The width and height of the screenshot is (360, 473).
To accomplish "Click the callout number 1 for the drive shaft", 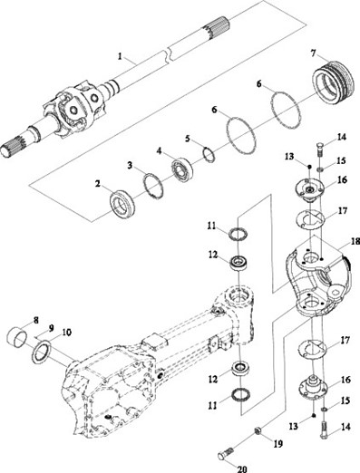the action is pyautogui.click(x=121, y=56).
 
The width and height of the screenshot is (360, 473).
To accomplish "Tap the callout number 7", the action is pyautogui.click(x=313, y=53).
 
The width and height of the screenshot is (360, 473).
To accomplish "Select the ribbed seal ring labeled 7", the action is pyautogui.click(x=333, y=82).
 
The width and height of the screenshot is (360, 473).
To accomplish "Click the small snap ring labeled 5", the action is pyautogui.click(x=209, y=154).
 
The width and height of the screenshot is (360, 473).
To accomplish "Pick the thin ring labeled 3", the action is pyautogui.click(x=153, y=186).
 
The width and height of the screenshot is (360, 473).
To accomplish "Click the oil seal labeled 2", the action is pyautogui.click(x=122, y=203).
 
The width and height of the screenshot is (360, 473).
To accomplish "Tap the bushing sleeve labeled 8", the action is pyautogui.click(x=16, y=335).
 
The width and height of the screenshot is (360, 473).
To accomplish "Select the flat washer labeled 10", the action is pyautogui.click(x=42, y=351).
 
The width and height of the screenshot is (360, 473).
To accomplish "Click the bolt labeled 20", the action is pyautogui.click(x=226, y=453).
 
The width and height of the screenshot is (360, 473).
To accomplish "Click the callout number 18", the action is pyautogui.click(x=355, y=241).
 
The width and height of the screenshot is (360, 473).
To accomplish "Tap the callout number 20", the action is pyautogui.click(x=242, y=469).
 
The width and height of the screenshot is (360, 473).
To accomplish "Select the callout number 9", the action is pyautogui.click(x=51, y=327).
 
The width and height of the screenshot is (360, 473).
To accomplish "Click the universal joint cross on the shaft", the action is pyautogui.click(x=74, y=110).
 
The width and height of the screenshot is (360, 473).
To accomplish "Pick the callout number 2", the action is pyautogui.click(x=97, y=183).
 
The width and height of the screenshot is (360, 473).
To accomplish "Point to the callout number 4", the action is pyautogui.click(x=159, y=150).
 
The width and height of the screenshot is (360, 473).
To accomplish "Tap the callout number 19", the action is pyautogui.click(x=277, y=444).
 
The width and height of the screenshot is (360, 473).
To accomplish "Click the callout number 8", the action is pyautogui.click(x=36, y=320).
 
